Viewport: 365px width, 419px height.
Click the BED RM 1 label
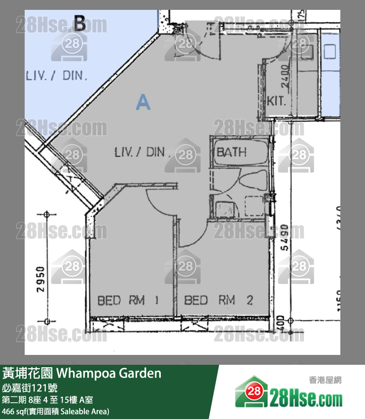127,300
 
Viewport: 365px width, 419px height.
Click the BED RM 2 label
218,300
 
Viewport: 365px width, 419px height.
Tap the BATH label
231,152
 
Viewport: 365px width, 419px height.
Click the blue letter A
143,102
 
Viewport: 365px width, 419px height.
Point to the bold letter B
79,23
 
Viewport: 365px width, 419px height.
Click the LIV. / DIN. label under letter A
142,152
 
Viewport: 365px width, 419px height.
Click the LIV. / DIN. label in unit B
56,76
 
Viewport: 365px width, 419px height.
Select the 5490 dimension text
284,238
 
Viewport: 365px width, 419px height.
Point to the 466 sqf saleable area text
56,411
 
